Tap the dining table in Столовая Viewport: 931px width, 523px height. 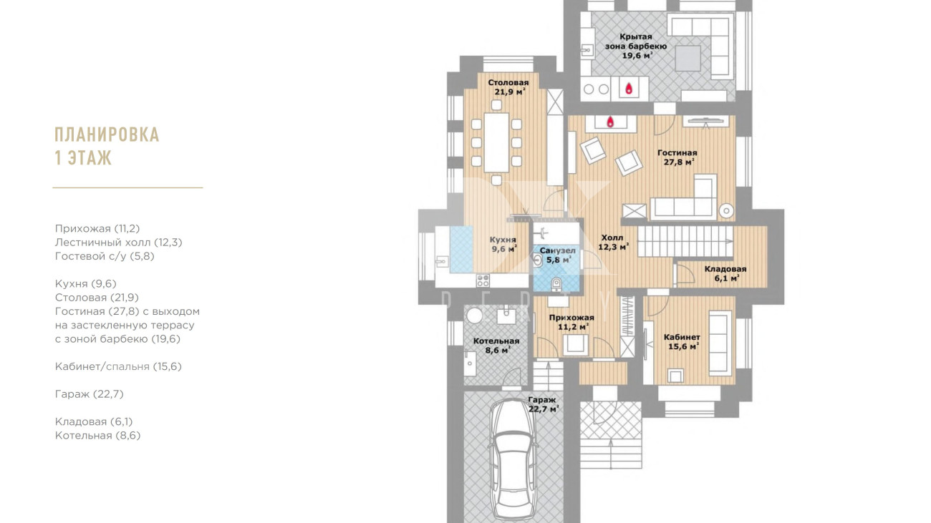[497, 142]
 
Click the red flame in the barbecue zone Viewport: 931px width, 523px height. [629, 88]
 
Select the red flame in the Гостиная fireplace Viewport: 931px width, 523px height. [610, 122]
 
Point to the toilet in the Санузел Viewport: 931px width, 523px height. [556, 284]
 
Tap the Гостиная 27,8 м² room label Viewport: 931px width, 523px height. [677, 157]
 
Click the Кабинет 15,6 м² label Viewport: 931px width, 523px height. [682, 341]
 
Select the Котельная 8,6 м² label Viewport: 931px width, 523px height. [496, 346]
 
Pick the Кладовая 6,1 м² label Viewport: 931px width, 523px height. [725, 273]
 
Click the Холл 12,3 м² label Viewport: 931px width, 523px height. [613, 243]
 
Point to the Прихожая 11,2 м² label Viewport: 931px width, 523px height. [571, 322]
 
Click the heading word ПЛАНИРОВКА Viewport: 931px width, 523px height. [107, 135]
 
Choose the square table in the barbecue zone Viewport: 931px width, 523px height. [688, 58]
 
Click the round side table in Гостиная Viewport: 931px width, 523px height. [726, 210]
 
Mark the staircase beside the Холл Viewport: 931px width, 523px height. [685, 241]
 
